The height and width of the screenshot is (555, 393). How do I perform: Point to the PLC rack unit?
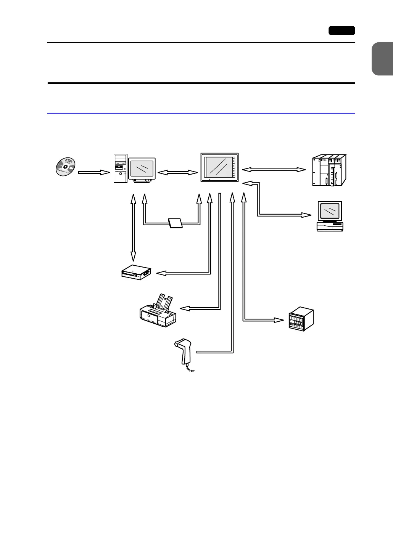click(x=329, y=170)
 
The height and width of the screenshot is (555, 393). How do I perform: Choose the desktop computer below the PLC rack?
click(x=330, y=216)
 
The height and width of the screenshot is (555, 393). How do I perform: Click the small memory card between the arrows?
click(x=175, y=223)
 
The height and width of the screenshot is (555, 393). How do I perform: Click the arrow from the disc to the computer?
click(x=94, y=172)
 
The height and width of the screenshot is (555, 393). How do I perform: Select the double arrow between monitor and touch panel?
click(x=178, y=173)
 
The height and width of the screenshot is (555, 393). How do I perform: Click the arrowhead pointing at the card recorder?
click(x=161, y=273)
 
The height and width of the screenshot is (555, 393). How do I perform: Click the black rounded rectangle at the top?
click(x=341, y=30)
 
